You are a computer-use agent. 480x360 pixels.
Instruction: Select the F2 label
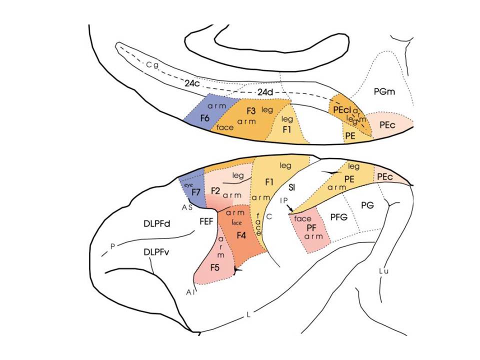215,190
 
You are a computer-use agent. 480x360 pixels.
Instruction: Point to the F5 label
215,267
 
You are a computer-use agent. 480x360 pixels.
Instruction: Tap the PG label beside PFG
367,205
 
